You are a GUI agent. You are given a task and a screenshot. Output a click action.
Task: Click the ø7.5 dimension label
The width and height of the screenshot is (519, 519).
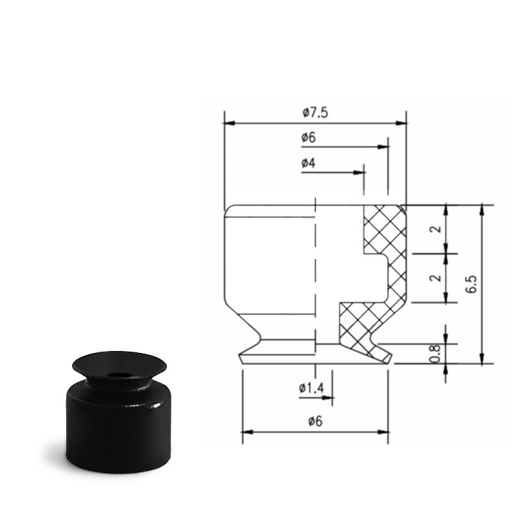[315, 112]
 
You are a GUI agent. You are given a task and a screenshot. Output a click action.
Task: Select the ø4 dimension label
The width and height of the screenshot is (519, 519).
[309, 163]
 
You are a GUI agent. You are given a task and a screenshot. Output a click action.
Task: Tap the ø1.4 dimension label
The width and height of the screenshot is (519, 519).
[311, 387]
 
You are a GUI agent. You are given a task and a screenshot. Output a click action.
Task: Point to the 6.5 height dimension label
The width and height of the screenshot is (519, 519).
[471, 284]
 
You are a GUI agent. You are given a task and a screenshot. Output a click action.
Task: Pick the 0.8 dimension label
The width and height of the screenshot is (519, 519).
[435, 354]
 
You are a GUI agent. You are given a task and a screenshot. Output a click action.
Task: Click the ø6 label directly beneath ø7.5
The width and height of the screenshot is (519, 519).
[309, 137]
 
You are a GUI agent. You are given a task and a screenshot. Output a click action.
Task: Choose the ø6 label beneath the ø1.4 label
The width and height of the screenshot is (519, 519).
[315, 421]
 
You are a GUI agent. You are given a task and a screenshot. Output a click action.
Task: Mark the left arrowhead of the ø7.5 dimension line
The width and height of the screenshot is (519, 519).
[230, 123]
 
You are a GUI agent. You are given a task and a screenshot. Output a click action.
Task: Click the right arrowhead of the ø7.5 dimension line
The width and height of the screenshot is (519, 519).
[401, 123]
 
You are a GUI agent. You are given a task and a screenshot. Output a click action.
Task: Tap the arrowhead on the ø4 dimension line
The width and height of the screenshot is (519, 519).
[359, 173]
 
